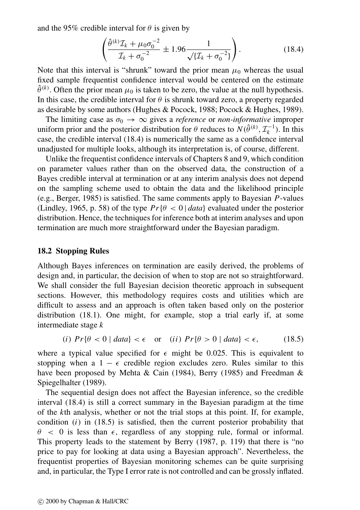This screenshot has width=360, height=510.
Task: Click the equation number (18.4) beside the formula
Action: (293, 49)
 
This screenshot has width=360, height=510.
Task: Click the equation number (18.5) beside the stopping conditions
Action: (293, 339)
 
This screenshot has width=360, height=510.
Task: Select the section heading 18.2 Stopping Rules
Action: (73, 251)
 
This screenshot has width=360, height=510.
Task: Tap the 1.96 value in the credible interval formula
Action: (178, 49)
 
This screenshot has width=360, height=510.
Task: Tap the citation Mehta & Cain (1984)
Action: (151, 373)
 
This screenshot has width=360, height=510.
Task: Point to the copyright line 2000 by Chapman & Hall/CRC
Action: (87, 501)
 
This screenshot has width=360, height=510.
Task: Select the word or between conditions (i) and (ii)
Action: (158, 339)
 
